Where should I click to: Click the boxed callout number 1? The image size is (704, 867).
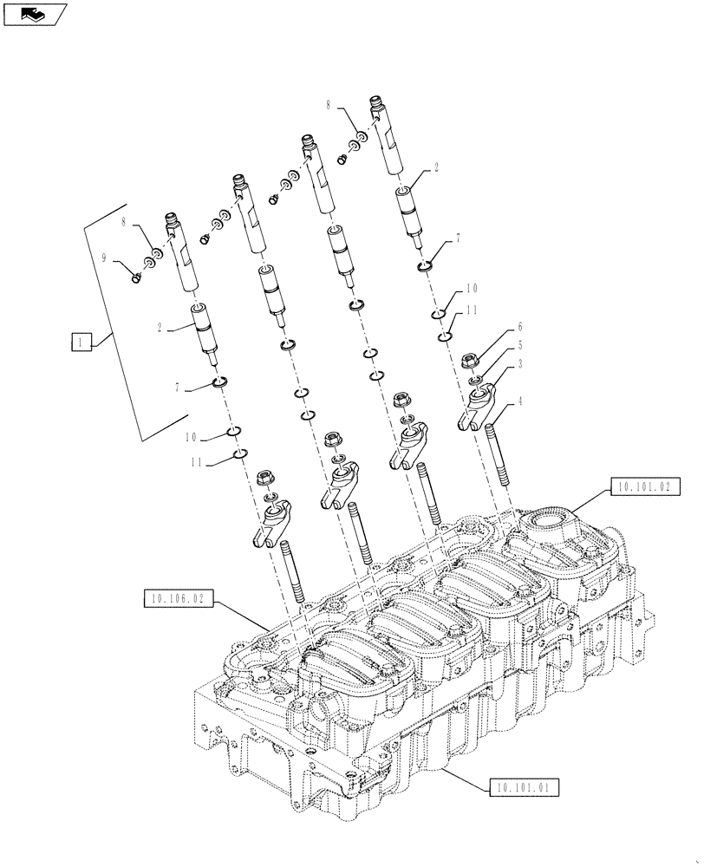click(80, 343)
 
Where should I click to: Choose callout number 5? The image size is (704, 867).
click(520, 344)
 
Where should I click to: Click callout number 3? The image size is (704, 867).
click(520, 364)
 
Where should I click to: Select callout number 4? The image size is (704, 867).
click(520, 401)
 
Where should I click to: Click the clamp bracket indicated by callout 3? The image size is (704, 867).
click(474, 408)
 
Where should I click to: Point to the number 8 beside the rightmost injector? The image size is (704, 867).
click(329, 106)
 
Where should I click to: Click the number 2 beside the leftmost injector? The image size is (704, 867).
click(160, 328)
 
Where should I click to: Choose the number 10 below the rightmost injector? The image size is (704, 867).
click(472, 287)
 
